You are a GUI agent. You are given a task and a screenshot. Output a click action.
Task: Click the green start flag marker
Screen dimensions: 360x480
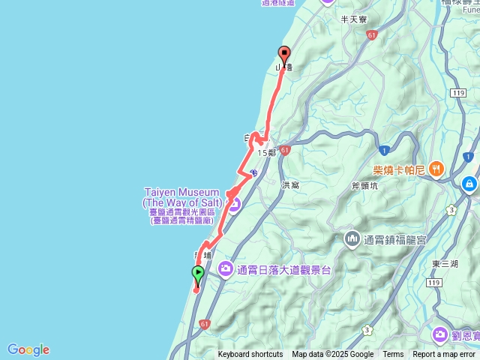(x=198, y=273)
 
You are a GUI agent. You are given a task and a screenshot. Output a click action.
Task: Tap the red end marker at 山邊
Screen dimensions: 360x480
(x=284, y=54)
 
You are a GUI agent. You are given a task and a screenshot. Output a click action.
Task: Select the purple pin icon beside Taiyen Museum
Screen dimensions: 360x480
(x=233, y=203)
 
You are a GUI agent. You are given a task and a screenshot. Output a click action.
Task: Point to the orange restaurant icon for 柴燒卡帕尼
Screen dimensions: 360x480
(x=437, y=169)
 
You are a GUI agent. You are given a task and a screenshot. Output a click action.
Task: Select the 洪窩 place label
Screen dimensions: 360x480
(x=290, y=184)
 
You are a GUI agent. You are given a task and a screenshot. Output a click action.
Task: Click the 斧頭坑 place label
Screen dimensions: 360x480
(x=365, y=187)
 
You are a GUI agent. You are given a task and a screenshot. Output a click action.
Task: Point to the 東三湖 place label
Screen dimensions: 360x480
(x=445, y=263)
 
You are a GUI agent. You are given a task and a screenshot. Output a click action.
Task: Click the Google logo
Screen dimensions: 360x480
(x=28, y=349)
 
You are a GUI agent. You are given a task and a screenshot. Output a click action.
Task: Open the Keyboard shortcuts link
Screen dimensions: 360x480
(x=250, y=355)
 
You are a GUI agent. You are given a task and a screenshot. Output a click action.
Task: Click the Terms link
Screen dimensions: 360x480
(x=393, y=355)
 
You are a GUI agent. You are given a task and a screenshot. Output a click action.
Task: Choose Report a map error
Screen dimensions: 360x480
(x=444, y=355)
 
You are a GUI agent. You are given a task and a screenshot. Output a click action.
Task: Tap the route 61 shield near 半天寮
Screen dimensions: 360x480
(x=372, y=34)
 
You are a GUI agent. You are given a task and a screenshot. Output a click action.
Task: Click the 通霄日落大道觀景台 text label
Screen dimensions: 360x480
(x=283, y=269)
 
